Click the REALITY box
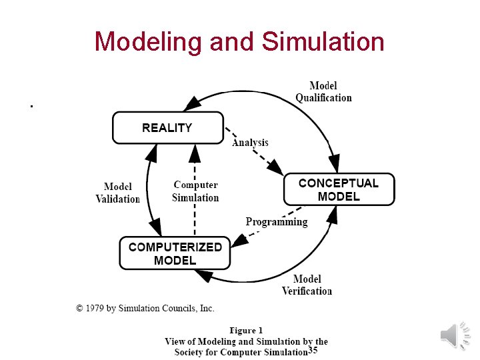(167, 127)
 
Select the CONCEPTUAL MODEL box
(339, 189)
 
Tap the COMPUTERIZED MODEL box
(175, 253)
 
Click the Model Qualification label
(323, 91)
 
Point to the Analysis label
(250, 142)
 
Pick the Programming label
(277, 222)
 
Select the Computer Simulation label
(195, 191)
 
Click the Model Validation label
(118, 193)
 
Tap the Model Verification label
(307, 285)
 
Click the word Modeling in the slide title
(148, 41)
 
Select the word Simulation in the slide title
(323, 41)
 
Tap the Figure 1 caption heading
(246, 330)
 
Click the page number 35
(313, 351)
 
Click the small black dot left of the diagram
(31, 105)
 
